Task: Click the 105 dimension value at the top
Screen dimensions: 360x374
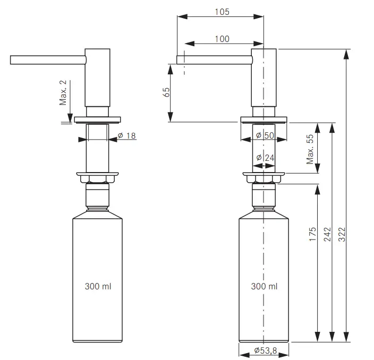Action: tap(222, 12)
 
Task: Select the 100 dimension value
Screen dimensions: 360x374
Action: tap(222, 39)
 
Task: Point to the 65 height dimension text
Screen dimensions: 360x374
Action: tap(167, 92)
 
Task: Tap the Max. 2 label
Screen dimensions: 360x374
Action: tap(64, 92)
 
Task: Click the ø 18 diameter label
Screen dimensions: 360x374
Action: tap(126, 136)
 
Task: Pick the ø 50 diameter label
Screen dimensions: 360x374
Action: tap(265, 135)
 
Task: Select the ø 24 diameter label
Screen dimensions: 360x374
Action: tap(265, 158)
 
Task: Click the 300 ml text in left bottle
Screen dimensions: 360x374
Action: tap(98, 286)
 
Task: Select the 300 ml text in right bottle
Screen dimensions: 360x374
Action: tap(264, 286)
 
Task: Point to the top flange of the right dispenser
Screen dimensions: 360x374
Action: tap(264, 119)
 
